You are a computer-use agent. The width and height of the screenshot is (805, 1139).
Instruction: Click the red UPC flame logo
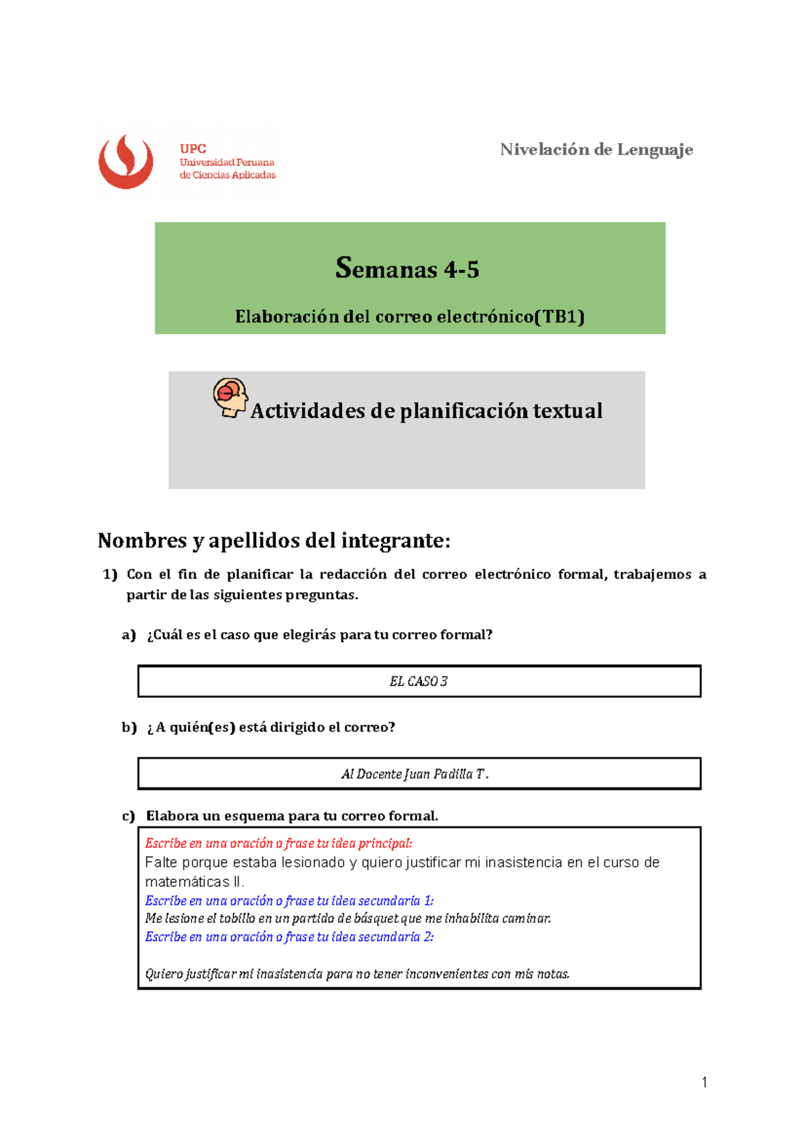click(125, 162)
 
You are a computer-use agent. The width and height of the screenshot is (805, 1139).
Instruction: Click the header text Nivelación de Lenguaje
click(596, 150)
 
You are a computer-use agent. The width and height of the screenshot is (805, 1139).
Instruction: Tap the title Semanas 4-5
click(407, 269)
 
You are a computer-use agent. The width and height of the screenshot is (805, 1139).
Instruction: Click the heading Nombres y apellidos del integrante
click(274, 540)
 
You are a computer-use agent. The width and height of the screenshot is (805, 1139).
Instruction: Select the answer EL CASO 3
click(419, 682)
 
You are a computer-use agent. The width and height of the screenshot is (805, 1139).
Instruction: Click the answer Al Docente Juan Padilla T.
click(415, 774)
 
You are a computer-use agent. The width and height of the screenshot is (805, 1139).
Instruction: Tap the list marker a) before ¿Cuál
click(129, 635)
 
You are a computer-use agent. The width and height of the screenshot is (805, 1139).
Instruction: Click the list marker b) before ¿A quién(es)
click(129, 727)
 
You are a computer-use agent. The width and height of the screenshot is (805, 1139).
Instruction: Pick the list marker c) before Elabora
click(129, 816)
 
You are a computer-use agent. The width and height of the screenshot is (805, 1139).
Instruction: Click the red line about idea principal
click(278, 843)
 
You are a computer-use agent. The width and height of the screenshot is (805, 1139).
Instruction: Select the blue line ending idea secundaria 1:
click(289, 901)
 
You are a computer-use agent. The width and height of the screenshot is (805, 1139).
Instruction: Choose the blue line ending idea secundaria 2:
click(289, 937)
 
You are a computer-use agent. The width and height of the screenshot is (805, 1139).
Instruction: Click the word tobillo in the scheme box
click(237, 919)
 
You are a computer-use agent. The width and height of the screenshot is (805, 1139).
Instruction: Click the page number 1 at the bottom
click(704, 1082)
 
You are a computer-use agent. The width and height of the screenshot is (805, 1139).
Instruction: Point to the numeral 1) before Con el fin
click(109, 574)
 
